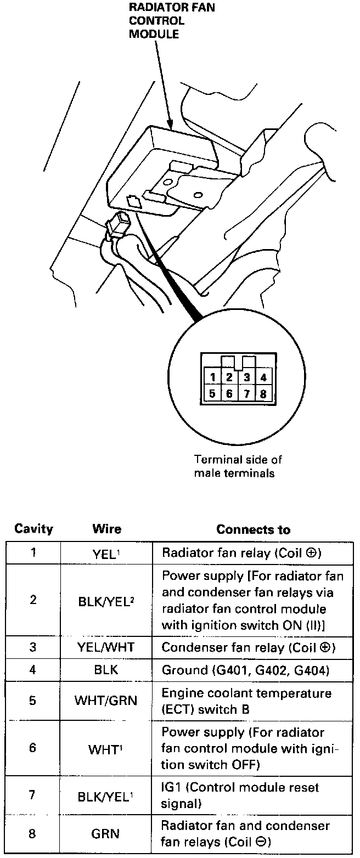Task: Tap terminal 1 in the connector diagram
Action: (212, 377)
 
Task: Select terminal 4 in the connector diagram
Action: (264, 377)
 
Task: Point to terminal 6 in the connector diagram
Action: (229, 393)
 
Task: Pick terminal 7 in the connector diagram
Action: (247, 393)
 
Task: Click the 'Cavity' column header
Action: (33, 529)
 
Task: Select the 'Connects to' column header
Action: (253, 529)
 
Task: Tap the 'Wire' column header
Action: (107, 529)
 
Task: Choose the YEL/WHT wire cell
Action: (106, 647)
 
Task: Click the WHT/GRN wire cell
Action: (106, 701)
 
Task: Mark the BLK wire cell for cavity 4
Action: (106, 670)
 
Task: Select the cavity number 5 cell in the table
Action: (33, 701)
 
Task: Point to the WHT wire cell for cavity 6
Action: (106, 749)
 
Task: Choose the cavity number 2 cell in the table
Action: (33, 600)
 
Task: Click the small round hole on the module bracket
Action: (196, 194)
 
